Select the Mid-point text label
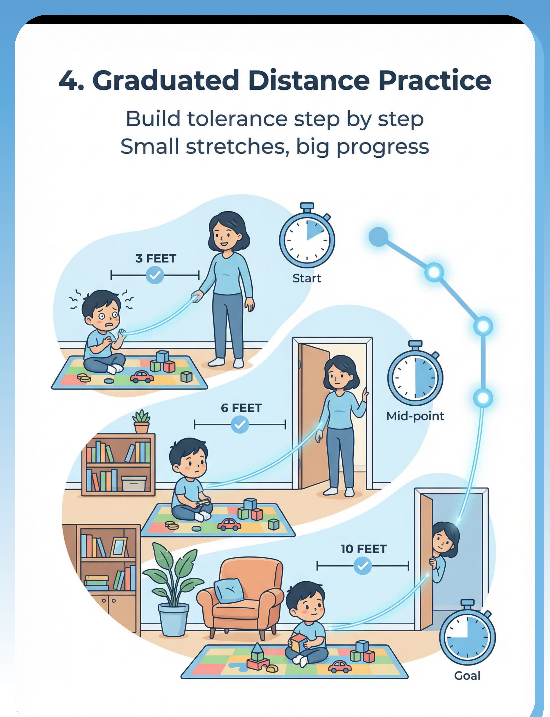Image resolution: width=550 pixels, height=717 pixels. [x=415, y=416]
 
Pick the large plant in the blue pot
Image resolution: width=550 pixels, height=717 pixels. [x=172, y=589]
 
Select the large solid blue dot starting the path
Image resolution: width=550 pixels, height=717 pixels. [x=378, y=236]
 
